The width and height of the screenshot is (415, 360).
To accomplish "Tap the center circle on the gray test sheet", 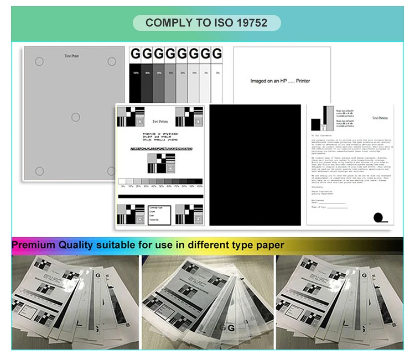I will click(x=75, y=117).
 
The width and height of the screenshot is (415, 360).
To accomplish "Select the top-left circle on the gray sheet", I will click(x=39, y=61).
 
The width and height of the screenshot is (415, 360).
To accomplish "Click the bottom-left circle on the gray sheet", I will click(x=39, y=170).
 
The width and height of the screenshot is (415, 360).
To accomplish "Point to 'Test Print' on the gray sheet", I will click(x=72, y=56).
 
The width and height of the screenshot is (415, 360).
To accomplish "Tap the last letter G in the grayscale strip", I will click(x=217, y=54).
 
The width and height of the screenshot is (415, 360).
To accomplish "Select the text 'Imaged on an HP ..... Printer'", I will click(x=280, y=81).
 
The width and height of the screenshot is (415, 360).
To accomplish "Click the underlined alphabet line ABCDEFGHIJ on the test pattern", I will click(x=161, y=149).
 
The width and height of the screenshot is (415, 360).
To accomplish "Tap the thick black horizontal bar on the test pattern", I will click(x=160, y=196).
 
